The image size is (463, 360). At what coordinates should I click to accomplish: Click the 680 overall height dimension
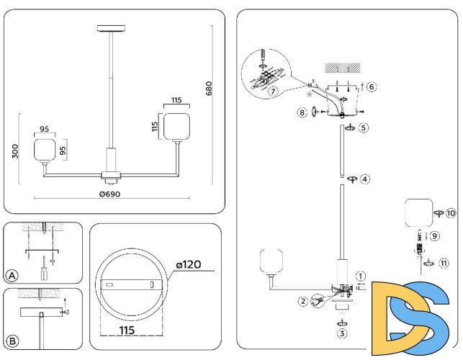[x=210, y=88]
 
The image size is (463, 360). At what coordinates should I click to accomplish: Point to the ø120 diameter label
[x=191, y=266]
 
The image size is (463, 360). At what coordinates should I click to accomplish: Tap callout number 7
[x=272, y=91]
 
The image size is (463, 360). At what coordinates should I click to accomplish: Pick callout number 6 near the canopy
[x=372, y=87]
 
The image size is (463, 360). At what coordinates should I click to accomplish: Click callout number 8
[x=302, y=112]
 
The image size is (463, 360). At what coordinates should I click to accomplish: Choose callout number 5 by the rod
[x=364, y=127]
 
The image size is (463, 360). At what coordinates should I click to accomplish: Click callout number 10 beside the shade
[x=451, y=213]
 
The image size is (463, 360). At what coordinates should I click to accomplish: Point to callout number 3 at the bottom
[x=342, y=333]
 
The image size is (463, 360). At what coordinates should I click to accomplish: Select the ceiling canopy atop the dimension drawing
[x=110, y=29]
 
